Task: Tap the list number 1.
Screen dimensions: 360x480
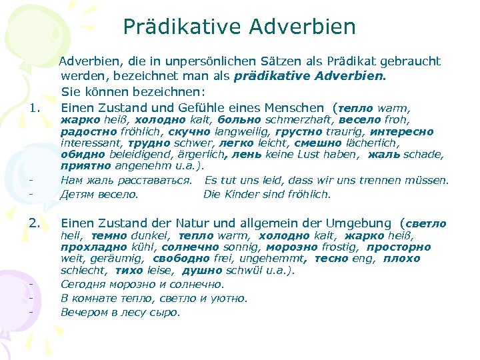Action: [x=36, y=107]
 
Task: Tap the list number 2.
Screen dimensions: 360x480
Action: [x=36, y=223]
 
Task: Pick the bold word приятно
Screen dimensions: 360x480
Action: [x=87, y=166]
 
